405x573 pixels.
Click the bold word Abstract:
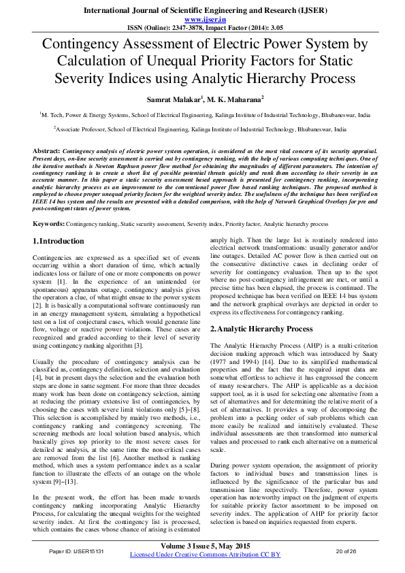pyautogui.click(x=46, y=148)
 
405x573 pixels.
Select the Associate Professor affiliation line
pyautogui.click(x=202, y=129)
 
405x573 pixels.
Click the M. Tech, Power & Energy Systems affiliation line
pyautogui.click(x=202, y=116)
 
